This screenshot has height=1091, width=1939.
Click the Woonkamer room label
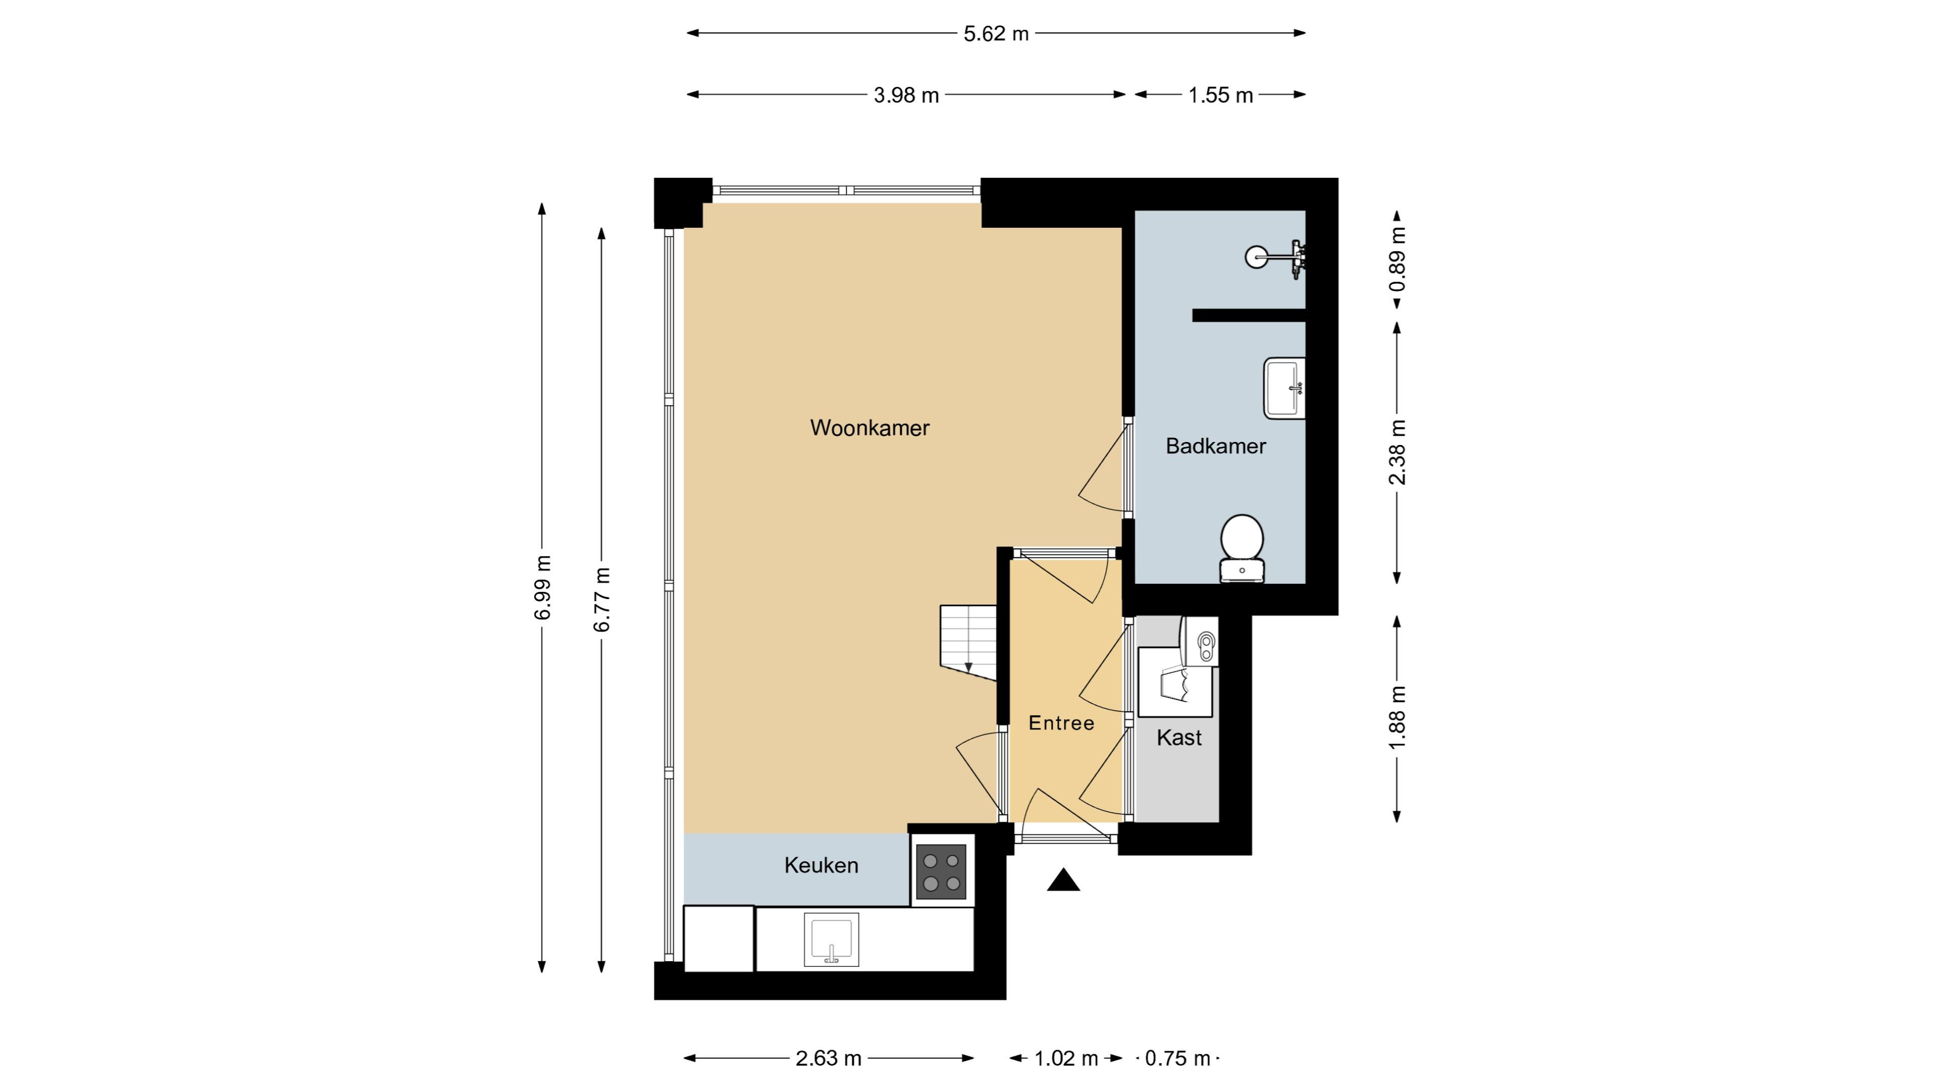(870, 428)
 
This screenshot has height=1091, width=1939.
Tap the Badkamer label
(1215, 445)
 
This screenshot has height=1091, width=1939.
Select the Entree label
(1061, 723)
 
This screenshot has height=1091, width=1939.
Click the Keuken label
(821, 865)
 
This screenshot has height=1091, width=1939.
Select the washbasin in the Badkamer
(1284, 388)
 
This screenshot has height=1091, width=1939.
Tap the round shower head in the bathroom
(1255, 258)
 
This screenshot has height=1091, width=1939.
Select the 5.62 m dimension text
(996, 34)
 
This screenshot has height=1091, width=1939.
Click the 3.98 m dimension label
(906, 95)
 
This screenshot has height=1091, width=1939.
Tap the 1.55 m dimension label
(1220, 95)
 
